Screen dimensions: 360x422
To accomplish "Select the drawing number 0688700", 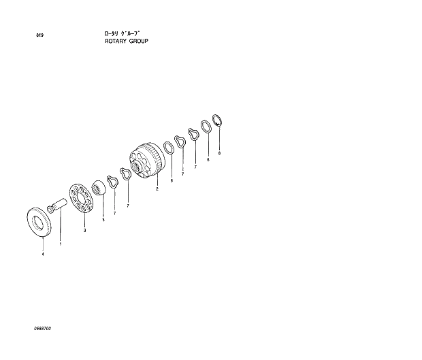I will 43,329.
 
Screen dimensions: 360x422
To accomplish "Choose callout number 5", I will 103,220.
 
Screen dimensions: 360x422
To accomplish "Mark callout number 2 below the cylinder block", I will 157,189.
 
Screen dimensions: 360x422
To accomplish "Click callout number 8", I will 219,154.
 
